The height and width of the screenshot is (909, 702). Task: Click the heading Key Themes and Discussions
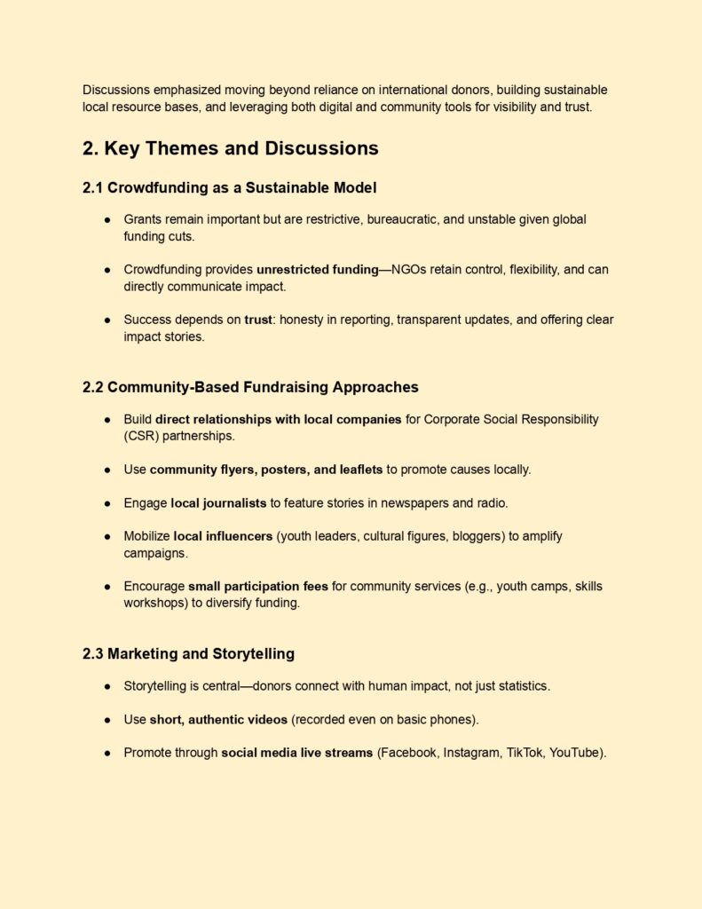241,148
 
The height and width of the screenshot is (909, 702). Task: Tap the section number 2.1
93,187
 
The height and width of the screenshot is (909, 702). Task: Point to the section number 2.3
93,654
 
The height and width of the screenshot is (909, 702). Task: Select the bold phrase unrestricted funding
318,269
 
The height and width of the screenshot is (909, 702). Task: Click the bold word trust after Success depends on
258,320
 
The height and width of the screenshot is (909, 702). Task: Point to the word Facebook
409,753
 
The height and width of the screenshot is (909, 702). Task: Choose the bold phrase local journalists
218,502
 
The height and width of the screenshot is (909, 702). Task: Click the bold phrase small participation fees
257,586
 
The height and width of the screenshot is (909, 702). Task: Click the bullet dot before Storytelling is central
106,686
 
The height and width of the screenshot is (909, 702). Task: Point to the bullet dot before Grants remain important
106,219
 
